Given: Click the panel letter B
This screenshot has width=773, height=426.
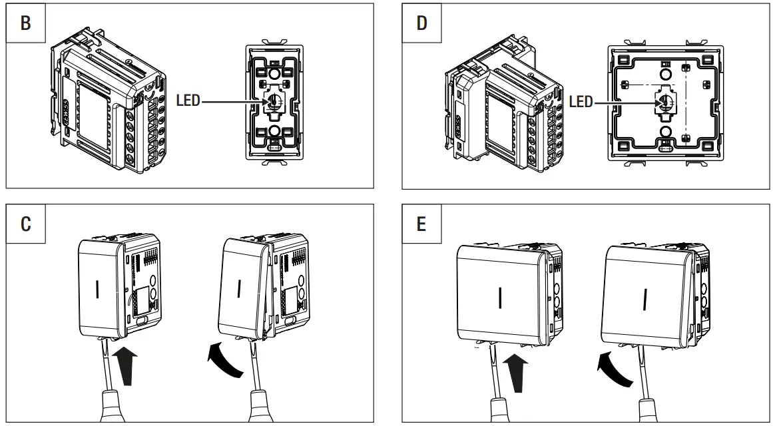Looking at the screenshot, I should [26, 23].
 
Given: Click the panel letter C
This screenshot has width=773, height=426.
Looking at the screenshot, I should [26, 223].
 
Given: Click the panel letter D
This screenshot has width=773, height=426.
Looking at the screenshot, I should [421, 23].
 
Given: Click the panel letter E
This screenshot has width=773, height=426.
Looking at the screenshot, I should [421, 223].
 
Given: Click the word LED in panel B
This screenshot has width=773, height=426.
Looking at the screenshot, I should [188, 102].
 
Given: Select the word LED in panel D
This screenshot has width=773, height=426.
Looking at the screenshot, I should [581, 102].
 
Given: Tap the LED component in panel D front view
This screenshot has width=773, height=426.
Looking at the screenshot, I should [665, 102].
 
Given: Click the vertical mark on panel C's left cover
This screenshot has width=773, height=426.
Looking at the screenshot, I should [98, 290].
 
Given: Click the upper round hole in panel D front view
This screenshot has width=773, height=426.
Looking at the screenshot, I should [665, 72].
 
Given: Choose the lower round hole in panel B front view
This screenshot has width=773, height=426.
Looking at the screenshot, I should [275, 130].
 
